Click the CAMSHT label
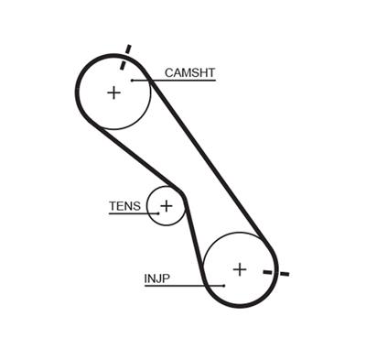pyautogui.click(x=189, y=72)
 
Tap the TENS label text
pyautogui.click(x=124, y=206)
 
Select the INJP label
pyautogui.click(x=157, y=278)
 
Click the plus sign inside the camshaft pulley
pyautogui.click(x=113, y=93)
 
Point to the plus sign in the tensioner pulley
pyautogui.click(x=166, y=206)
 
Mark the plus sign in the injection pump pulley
pyautogui.click(x=239, y=269)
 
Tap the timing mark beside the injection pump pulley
pyautogui.click(x=275, y=272)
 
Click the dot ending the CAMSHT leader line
pyautogui.click(x=133, y=81)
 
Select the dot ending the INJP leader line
pyautogui.click(x=223, y=285)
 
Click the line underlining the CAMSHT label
pyautogui.click(x=183, y=81)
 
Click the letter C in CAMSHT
pyautogui.click(x=168, y=72)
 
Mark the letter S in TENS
pyautogui.click(x=136, y=206)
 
